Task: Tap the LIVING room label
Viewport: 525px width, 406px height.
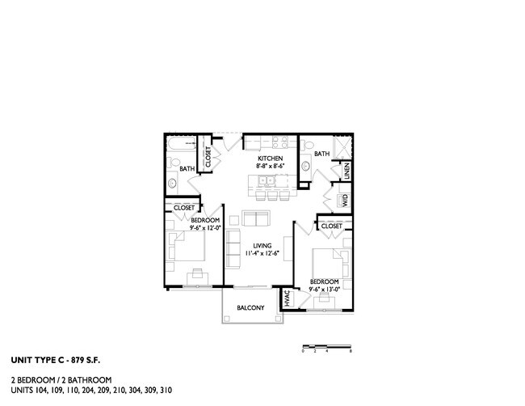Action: pyautogui.click(x=261, y=245)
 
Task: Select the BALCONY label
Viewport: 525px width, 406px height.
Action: pyautogui.click(x=250, y=308)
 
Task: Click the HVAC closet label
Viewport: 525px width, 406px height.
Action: pyautogui.click(x=287, y=298)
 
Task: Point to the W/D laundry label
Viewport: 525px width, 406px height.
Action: pyautogui.click(x=344, y=200)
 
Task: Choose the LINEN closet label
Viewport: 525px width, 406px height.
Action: pyautogui.click(x=346, y=171)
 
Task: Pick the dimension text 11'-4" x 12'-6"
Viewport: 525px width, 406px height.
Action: pyautogui.click(x=261, y=254)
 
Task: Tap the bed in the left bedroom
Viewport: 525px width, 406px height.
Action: pyautogui.click(x=185, y=247)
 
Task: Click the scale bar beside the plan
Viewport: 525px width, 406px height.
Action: pyautogui.click(x=326, y=346)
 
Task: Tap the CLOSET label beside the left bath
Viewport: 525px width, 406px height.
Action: pyautogui.click(x=208, y=157)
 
